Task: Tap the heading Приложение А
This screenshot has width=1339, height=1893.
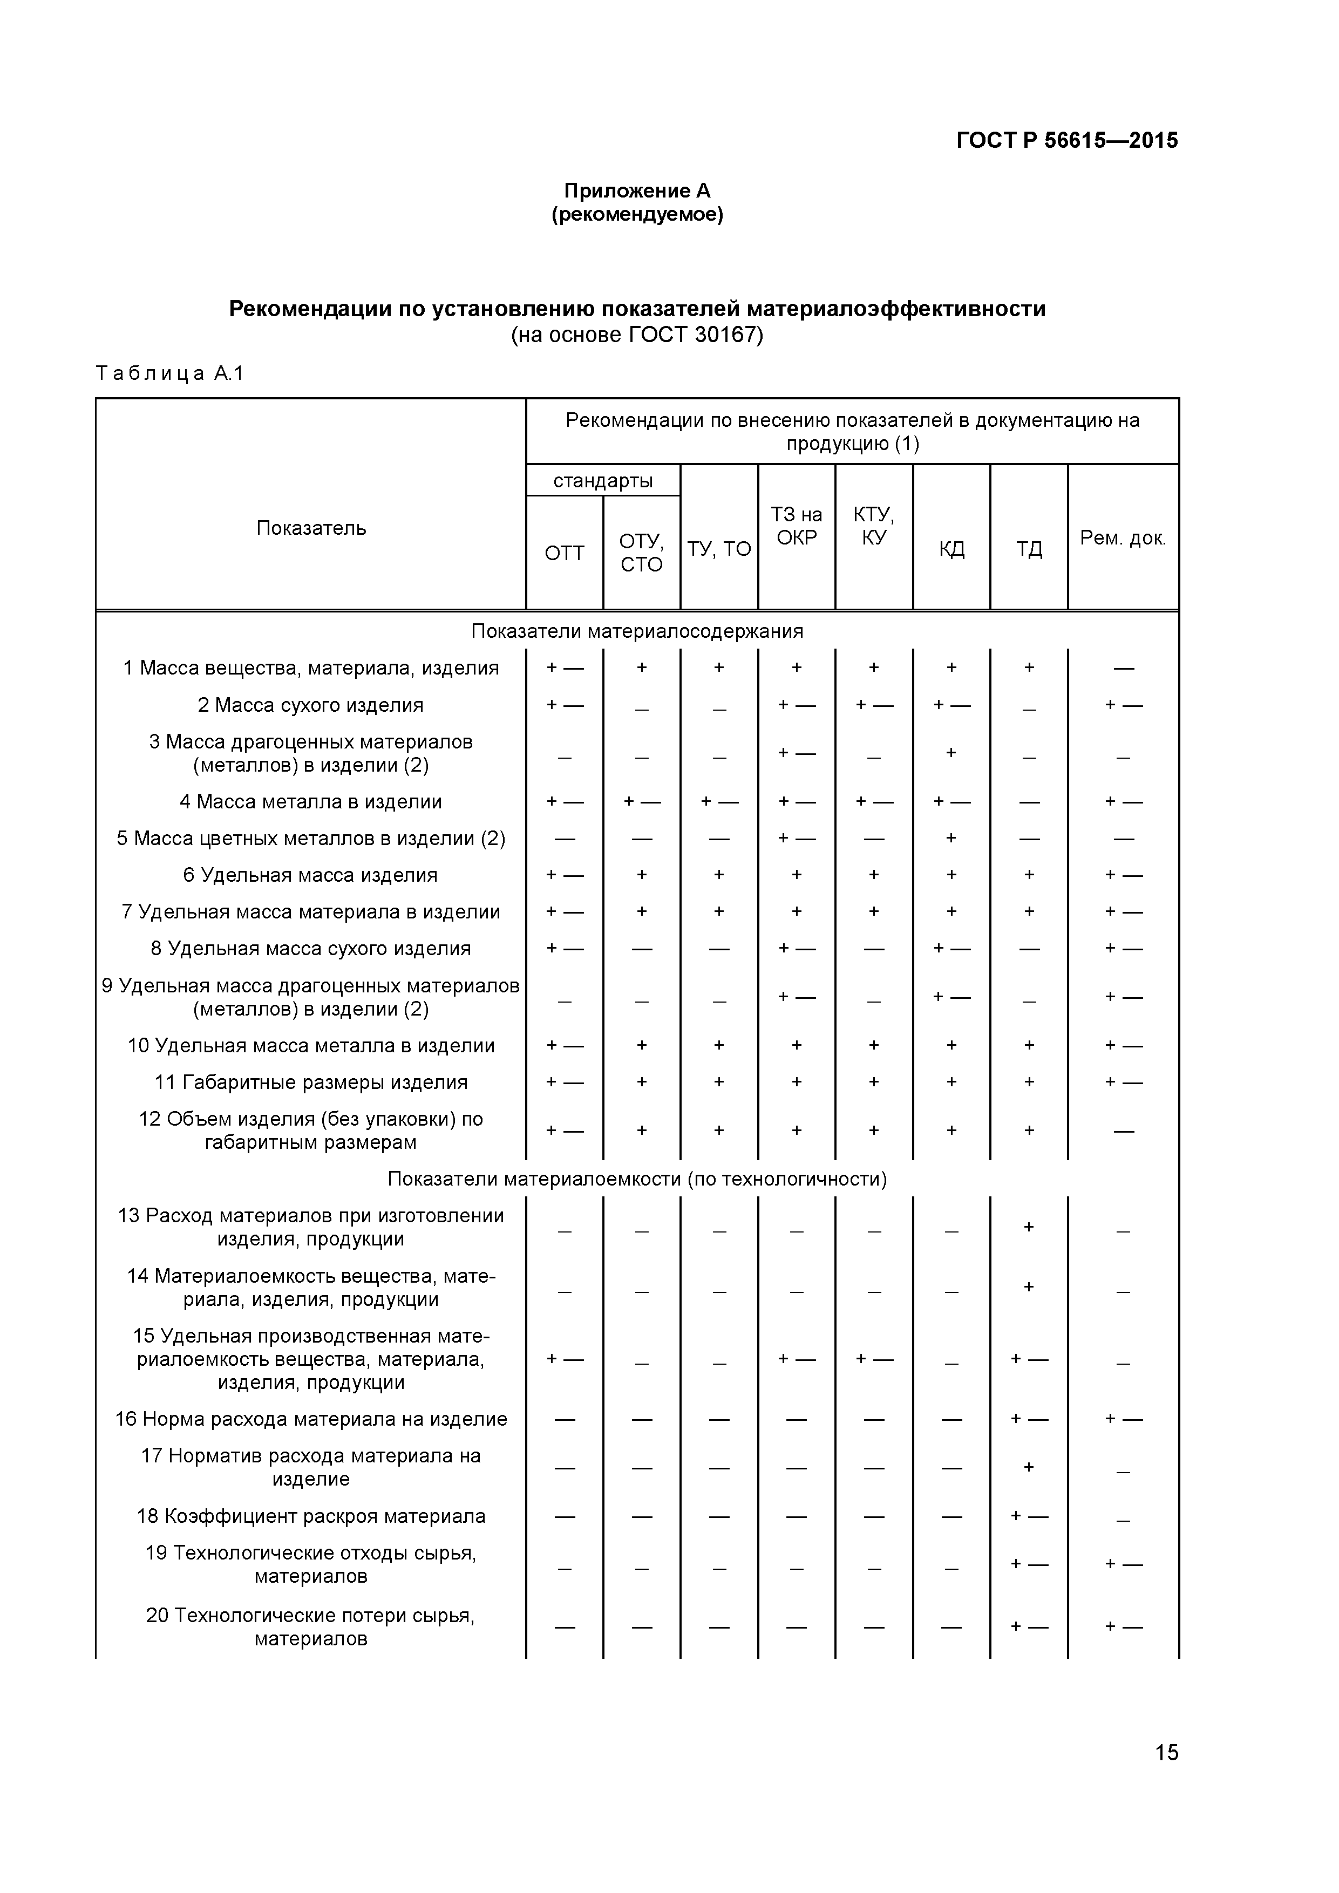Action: tap(636, 191)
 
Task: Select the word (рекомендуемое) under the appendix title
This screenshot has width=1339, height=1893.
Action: tap(636, 215)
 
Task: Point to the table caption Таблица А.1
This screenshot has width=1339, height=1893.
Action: tap(170, 373)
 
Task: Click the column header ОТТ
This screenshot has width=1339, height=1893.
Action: tap(564, 553)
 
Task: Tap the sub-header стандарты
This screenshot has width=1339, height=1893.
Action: tap(603, 481)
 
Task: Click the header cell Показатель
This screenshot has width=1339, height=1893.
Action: tap(311, 528)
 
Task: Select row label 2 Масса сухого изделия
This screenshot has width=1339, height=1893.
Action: tap(311, 705)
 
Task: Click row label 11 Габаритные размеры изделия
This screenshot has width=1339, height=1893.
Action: tap(311, 1082)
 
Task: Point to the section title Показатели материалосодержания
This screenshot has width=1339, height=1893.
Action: tap(636, 631)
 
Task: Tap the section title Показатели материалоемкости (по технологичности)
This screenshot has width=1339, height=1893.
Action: tap(636, 1179)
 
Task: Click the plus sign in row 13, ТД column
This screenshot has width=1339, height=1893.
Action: tap(1028, 1227)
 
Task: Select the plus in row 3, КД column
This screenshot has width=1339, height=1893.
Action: tap(950, 752)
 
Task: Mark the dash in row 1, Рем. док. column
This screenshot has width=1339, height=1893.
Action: tap(1123, 669)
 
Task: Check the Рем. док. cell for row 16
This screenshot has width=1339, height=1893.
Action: tap(1123, 1418)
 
